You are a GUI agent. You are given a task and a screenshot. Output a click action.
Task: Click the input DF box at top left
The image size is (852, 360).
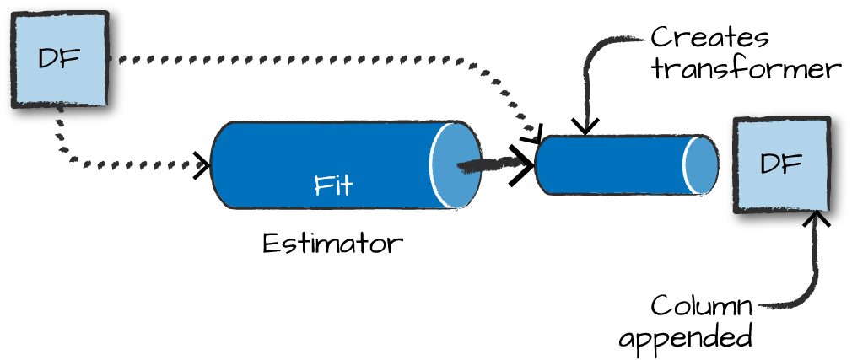coord(59,59)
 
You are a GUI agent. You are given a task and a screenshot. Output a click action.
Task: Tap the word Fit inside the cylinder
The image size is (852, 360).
coord(333,185)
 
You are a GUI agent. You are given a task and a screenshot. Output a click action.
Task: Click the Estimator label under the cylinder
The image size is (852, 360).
coord(332,244)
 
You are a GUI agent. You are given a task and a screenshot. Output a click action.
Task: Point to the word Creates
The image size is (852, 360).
coord(709,38)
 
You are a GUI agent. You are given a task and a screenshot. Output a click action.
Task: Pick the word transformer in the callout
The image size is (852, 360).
coord(747,68)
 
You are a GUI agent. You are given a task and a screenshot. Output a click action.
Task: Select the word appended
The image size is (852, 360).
coord(685,337)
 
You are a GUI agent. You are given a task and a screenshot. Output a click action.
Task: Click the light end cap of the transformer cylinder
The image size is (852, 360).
coord(701,165)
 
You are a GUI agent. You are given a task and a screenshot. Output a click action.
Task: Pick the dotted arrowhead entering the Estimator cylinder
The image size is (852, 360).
coord(203,164)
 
